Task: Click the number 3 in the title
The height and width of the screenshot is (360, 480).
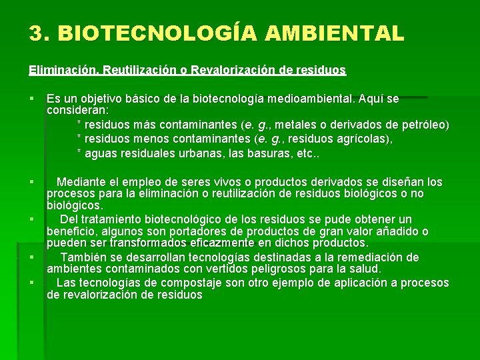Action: (35, 33)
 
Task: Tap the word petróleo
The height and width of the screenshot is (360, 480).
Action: (425, 125)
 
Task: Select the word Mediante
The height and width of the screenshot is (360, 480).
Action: (81, 182)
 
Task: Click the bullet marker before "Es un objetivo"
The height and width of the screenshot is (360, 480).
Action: (31, 99)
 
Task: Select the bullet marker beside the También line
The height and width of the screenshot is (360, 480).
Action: (31, 257)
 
